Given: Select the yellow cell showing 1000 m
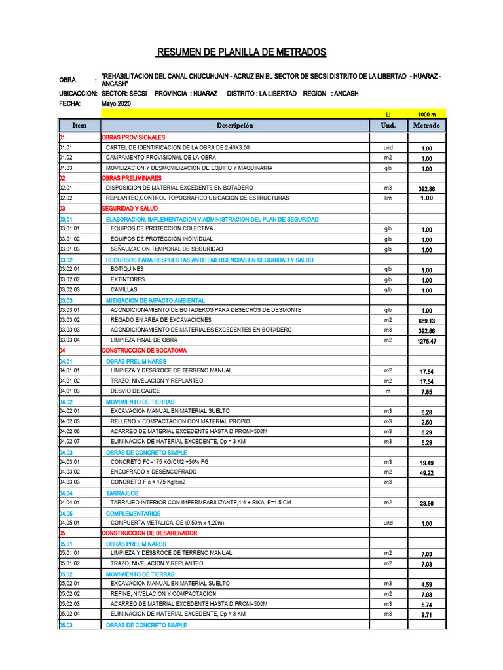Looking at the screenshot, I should click(x=426, y=114).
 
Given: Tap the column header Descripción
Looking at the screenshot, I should click(x=234, y=126).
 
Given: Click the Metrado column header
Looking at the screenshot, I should click(x=426, y=126).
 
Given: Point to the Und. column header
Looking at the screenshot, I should click(x=388, y=126).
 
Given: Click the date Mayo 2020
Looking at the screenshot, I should click(x=117, y=103).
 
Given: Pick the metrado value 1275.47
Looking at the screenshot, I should click(x=426, y=342).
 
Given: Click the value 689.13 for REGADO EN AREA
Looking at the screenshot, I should click(x=426, y=321).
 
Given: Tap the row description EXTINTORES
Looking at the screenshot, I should click(x=128, y=279).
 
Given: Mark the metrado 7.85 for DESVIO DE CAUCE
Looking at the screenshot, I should click(x=426, y=392).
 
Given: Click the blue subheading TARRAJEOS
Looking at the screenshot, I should click(x=122, y=493).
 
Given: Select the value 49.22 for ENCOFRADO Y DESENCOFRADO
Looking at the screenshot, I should click(x=426, y=473).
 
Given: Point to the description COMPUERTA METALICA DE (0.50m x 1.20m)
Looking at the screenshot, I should click(x=168, y=523).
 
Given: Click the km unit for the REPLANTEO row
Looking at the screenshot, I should click(x=388, y=198).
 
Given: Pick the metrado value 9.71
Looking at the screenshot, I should click(x=426, y=616).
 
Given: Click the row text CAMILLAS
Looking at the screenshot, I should click(x=124, y=289).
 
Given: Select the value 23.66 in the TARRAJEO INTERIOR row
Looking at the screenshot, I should click(x=426, y=504).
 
